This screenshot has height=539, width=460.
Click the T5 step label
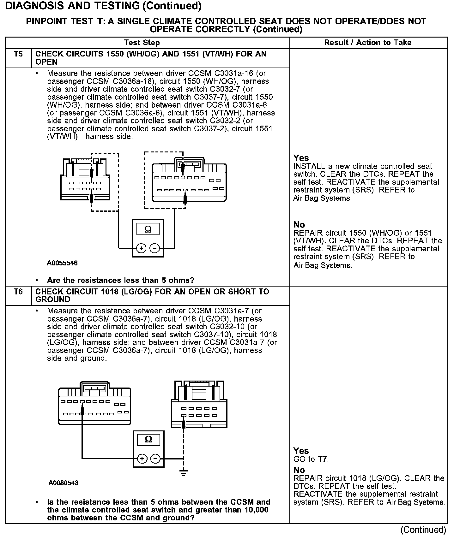click(x=18, y=54)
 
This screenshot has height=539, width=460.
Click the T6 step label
click(x=18, y=292)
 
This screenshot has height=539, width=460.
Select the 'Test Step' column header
click(x=142, y=43)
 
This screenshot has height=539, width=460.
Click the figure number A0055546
click(x=62, y=263)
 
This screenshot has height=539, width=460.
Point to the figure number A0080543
click(x=64, y=483)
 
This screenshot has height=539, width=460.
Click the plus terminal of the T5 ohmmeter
click(x=141, y=248)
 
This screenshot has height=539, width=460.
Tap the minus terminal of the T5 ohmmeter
click(x=154, y=248)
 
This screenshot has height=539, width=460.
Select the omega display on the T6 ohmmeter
click(x=148, y=439)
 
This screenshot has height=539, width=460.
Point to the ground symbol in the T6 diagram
click(x=183, y=472)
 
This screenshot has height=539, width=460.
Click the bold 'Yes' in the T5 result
click(x=301, y=158)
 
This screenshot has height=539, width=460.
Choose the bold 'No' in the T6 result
click(x=299, y=470)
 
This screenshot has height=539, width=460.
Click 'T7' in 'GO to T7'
click(x=322, y=459)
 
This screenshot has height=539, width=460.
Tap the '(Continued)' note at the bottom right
click(x=423, y=530)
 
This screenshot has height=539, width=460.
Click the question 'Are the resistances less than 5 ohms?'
click(x=121, y=280)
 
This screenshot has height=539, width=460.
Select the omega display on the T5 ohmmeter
click(x=148, y=229)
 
